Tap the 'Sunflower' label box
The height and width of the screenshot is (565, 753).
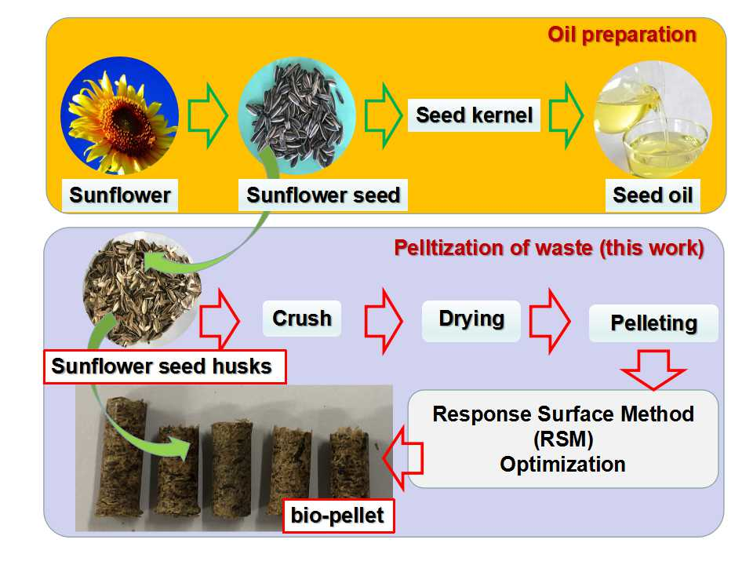pos(120,195)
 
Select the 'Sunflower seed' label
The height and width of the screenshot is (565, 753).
pos(323,195)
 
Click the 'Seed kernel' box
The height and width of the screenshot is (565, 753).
pos(474,115)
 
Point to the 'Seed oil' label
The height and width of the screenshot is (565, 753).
pos(653,195)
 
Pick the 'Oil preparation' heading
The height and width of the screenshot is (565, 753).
pos(621,35)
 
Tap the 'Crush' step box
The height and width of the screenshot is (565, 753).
pos(302,318)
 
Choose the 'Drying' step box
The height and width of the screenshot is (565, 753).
pos(471,319)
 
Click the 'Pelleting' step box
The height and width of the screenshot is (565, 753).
pos(653,323)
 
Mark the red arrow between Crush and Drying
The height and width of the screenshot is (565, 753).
pos(383,319)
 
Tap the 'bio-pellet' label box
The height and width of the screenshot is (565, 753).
pos(338,516)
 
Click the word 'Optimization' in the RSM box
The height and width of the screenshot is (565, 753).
pos(562,464)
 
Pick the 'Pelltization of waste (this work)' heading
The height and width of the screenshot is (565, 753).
pos(548,249)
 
